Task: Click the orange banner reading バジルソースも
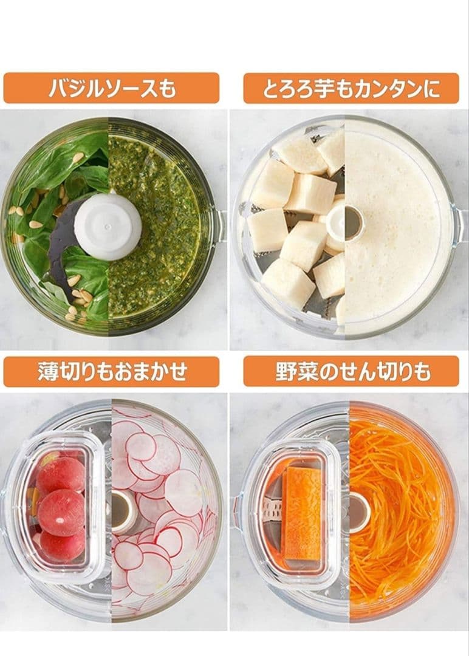(x=111, y=88)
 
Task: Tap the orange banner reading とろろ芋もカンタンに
(x=351, y=88)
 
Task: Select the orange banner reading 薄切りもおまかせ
(x=111, y=372)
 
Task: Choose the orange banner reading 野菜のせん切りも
(x=351, y=372)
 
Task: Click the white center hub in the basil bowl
(x=108, y=227)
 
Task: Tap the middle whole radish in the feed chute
(x=61, y=513)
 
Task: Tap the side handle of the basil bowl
(x=220, y=226)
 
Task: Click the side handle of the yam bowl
(x=459, y=226)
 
